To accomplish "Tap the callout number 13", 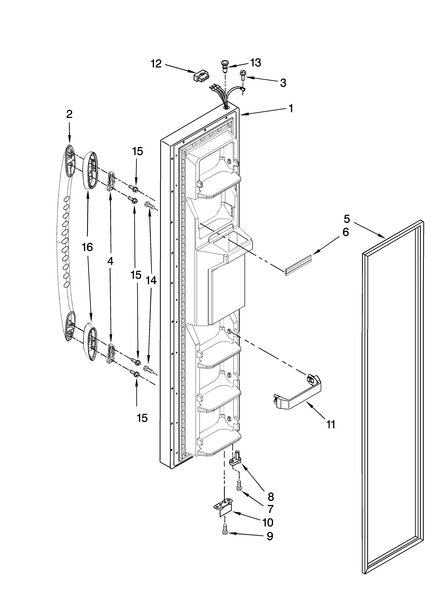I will point(255,63).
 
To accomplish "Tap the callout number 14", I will point(151,281).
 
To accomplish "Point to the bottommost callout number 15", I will point(142,418).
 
